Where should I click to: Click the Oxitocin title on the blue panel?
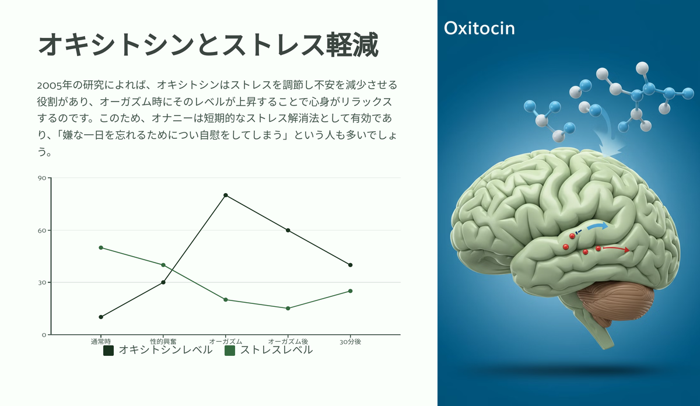click(x=479, y=28)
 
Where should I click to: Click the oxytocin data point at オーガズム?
click(x=226, y=195)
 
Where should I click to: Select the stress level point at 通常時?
click(x=101, y=247)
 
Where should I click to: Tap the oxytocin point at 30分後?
click(x=351, y=265)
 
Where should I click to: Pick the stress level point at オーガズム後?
click(x=288, y=309)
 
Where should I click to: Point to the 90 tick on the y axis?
click(x=42, y=178)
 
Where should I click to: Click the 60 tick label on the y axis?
click(x=42, y=230)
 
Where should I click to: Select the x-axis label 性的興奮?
click(x=163, y=342)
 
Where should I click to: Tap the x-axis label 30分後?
click(x=351, y=342)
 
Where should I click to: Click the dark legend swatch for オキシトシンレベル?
click(x=108, y=351)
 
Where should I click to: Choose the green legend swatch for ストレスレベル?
click(x=230, y=351)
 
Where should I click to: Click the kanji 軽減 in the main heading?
click(x=352, y=45)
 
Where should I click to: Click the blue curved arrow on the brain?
click(x=597, y=226)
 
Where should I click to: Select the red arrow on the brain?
click(x=616, y=249)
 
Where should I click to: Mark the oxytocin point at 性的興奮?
click(x=163, y=282)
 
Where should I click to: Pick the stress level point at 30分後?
click(x=351, y=291)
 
